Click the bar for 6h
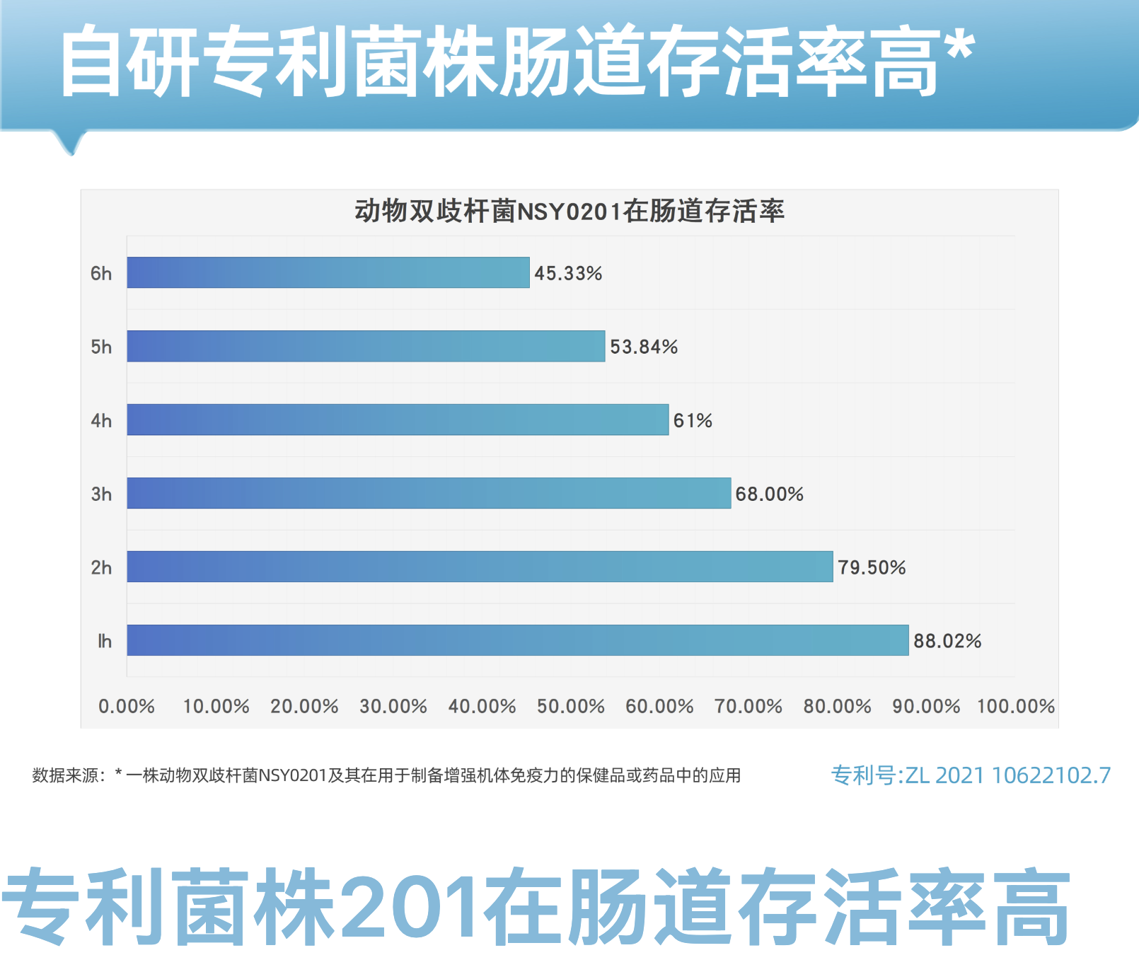(x=328, y=272)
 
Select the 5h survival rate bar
(x=366, y=346)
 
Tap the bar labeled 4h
(x=398, y=420)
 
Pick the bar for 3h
(x=429, y=493)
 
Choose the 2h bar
(x=480, y=567)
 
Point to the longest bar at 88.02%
(x=517, y=640)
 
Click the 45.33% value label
(x=568, y=273)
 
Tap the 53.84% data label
(x=644, y=347)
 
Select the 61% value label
(x=693, y=420)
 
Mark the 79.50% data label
(x=872, y=567)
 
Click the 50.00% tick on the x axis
(x=570, y=706)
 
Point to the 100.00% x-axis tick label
(x=1015, y=706)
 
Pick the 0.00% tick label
(x=127, y=706)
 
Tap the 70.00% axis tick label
(x=748, y=706)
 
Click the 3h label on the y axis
(x=101, y=494)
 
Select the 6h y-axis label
(x=101, y=273)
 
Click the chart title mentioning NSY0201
(x=569, y=211)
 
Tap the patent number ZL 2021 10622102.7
(x=971, y=775)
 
